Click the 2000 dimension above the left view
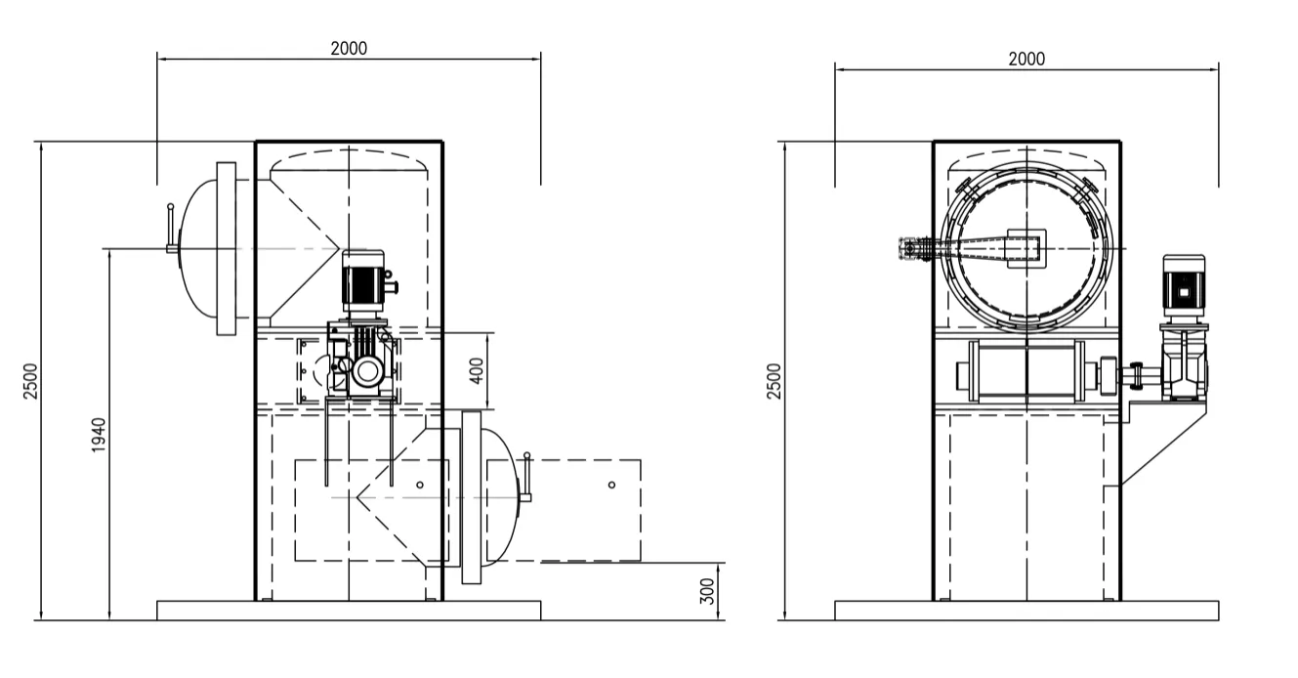349,49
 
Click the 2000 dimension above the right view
1026,59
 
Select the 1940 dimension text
99,435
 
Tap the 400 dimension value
478,370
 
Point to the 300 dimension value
709,590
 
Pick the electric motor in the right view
1183,284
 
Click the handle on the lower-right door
526,479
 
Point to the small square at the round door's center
1026,247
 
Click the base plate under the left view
349,610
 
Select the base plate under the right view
1026,610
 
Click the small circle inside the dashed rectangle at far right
611,485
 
